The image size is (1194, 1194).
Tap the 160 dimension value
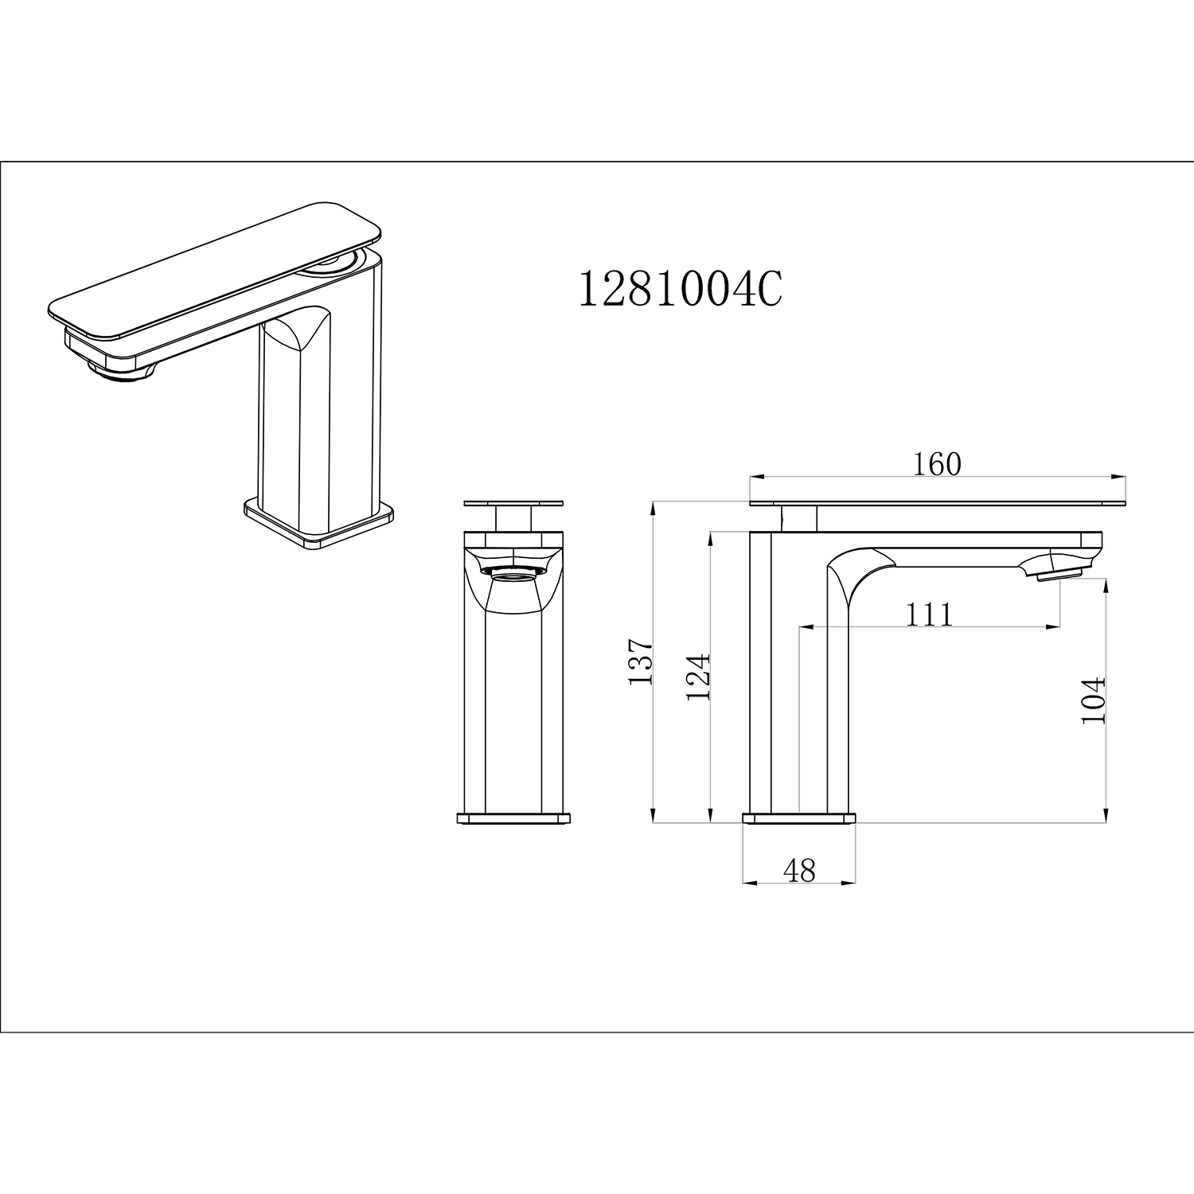937,464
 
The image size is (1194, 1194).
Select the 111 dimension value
930,615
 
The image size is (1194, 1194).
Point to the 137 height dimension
641,661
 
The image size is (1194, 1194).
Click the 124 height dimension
697,677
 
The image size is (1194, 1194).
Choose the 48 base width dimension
799,871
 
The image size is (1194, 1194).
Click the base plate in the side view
799,817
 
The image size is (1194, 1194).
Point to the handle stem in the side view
799,519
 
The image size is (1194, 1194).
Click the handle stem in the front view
513,518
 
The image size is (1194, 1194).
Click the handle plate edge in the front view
513,503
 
